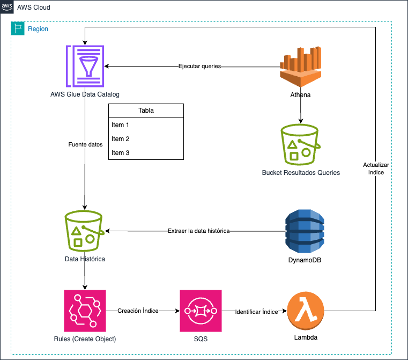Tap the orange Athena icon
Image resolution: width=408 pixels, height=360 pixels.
300,66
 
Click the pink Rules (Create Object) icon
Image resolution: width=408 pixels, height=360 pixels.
85,311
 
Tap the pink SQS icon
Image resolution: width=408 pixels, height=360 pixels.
201,311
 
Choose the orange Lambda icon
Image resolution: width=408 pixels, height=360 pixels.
306,311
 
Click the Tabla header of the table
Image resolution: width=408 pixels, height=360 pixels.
146,111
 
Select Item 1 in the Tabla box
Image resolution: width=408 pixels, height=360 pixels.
121,125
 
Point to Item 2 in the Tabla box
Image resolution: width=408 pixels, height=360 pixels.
121,139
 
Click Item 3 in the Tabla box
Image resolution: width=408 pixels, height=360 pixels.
121,153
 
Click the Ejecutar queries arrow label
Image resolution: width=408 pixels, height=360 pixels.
200,67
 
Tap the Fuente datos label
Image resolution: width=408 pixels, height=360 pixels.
85,144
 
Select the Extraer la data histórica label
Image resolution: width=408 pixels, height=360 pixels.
198,231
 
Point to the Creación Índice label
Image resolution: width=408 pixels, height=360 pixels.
138,311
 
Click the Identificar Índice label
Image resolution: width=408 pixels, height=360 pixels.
257,312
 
